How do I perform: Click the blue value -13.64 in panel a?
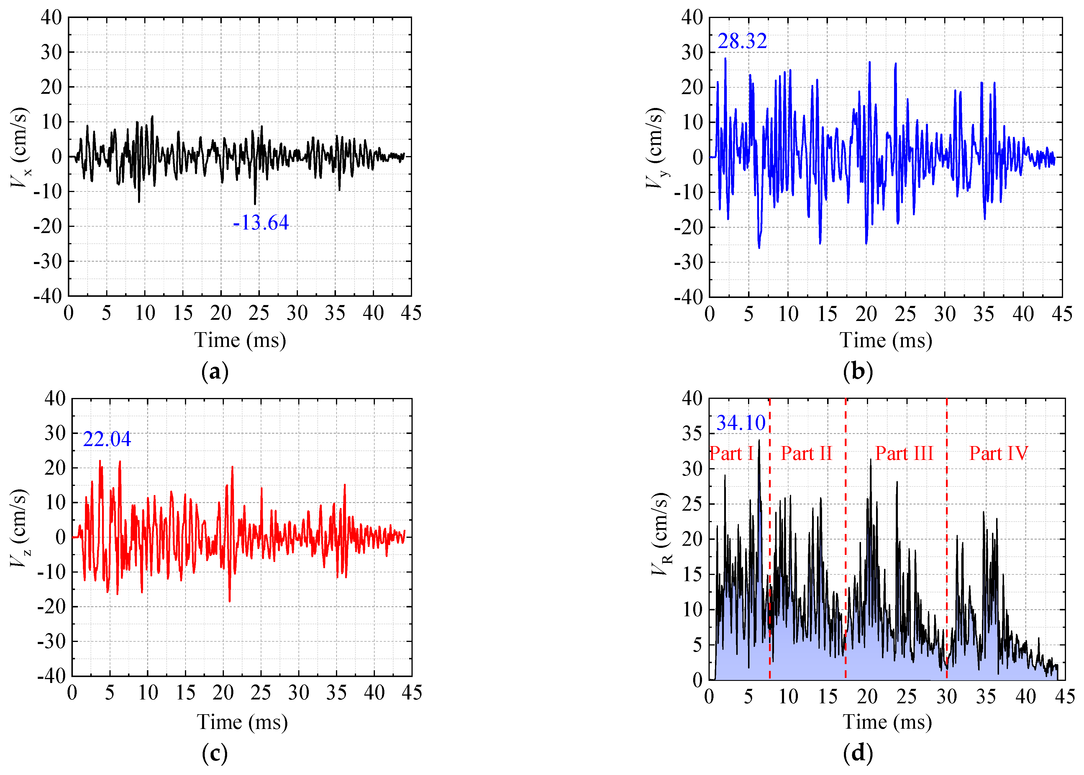[261, 223]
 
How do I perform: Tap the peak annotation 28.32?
[742, 42]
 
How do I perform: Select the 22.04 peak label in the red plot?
[107, 439]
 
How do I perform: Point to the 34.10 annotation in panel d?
[741, 423]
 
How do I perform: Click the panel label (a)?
[215, 371]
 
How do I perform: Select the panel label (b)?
[858, 371]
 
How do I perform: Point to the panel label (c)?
[215, 753]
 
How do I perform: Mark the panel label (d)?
[858, 753]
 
